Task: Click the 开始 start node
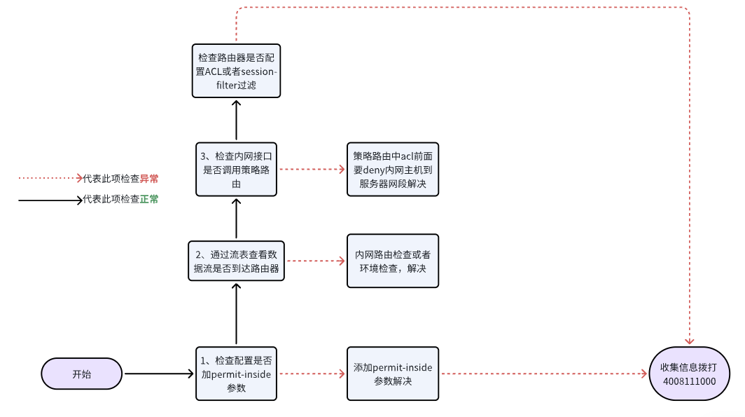pyautogui.click(x=81, y=374)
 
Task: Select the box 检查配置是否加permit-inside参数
pyautogui.click(x=236, y=374)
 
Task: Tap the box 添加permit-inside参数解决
pyautogui.click(x=392, y=374)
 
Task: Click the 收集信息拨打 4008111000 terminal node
pyautogui.click(x=689, y=374)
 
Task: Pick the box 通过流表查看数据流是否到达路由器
pyautogui.click(x=236, y=261)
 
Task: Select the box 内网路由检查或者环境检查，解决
pyautogui.click(x=392, y=261)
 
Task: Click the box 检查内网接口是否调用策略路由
pyautogui.click(x=236, y=169)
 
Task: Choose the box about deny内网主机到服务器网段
pyautogui.click(x=392, y=169)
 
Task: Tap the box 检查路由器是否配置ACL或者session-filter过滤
pyautogui.click(x=236, y=71)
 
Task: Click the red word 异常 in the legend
pyautogui.click(x=149, y=179)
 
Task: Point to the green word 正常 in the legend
pyautogui.click(x=149, y=200)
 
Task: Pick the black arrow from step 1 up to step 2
pyautogui.click(x=236, y=314)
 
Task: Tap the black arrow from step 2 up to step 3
pyautogui.click(x=236, y=219)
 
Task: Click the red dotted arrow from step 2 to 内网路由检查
pyautogui.click(x=316, y=261)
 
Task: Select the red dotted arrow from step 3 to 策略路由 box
pyautogui.click(x=312, y=169)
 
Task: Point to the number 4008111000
pyautogui.click(x=689, y=381)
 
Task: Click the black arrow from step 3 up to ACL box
pyautogui.click(x=236, y=120)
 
